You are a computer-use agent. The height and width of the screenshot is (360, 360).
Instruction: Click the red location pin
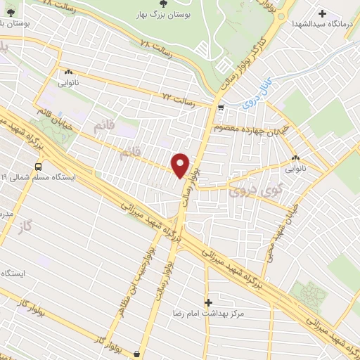(x=181, y=165)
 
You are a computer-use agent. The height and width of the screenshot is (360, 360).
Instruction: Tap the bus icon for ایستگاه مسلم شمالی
(x=38, y=167)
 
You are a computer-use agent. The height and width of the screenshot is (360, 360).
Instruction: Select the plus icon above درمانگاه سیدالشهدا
(x=323, y=13)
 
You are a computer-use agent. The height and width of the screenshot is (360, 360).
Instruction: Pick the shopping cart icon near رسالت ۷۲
(x=221, y=108)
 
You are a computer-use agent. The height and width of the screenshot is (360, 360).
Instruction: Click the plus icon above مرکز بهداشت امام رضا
(x=207, y=302)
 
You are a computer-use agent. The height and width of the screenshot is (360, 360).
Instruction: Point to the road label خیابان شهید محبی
(x=278, y=232)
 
